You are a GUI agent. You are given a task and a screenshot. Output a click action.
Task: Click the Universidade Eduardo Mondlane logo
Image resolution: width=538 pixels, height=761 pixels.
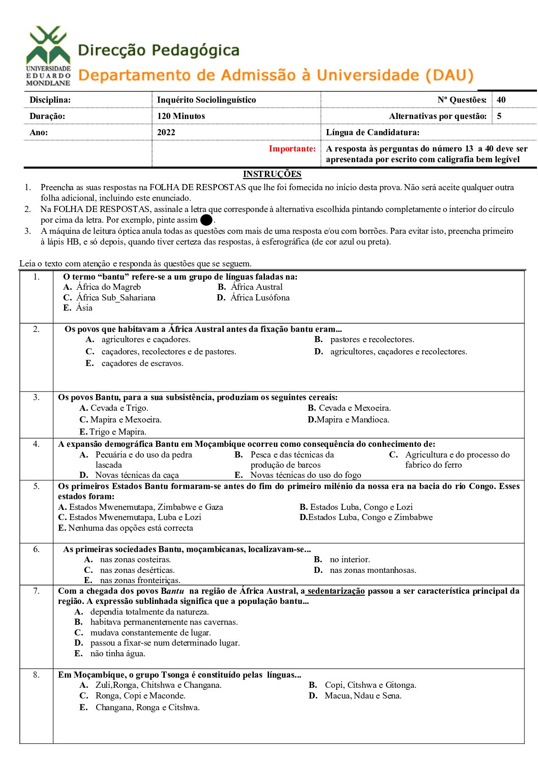48,55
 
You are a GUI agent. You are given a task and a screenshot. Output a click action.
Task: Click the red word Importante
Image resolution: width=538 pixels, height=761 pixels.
292,148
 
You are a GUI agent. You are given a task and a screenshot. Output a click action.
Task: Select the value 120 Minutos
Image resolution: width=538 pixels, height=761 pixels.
181,116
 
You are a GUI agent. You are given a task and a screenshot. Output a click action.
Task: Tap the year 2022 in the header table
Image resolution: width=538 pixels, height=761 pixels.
166,132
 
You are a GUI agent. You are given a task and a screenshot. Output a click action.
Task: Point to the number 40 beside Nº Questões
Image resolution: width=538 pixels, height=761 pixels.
501,100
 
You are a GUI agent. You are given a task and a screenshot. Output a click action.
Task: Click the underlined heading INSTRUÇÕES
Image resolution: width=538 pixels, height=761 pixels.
272,174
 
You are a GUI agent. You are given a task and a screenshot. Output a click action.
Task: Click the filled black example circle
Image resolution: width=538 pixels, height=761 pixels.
206,220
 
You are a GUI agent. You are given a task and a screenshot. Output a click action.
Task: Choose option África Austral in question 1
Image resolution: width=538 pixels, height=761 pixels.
256,287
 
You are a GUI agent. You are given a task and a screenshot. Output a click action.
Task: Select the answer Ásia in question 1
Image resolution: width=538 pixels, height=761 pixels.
84,308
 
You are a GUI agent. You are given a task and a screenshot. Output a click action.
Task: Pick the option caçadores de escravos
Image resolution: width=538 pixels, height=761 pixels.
142,363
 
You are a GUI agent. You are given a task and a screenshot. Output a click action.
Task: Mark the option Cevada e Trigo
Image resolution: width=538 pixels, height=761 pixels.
119,408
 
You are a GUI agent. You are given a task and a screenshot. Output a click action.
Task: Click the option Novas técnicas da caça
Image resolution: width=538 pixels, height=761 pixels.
137,475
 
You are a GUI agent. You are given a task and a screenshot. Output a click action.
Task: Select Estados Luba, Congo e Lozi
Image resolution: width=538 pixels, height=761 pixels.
361,507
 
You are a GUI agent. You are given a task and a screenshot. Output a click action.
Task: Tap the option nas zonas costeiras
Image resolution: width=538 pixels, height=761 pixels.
135,559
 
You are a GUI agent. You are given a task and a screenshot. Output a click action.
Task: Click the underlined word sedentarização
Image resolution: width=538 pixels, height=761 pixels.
336,591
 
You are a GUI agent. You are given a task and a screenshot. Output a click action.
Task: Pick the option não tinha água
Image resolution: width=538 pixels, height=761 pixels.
117,653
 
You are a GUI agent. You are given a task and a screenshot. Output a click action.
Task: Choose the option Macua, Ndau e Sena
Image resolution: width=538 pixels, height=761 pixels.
363,695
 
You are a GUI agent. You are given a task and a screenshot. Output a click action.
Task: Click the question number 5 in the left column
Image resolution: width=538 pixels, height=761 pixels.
36,486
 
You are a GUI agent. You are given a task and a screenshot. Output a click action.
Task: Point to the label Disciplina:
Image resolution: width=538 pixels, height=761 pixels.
50,100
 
